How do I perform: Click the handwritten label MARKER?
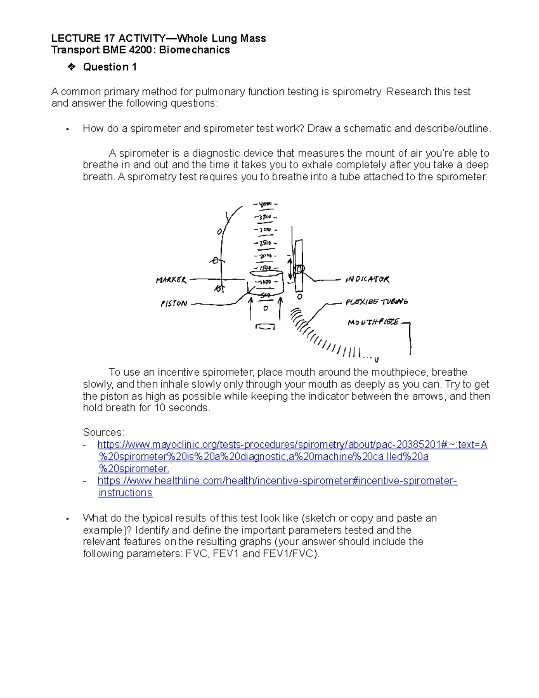(x=171, y=280)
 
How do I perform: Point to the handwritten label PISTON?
(x=174, y=304)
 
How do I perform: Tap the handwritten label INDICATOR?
(x=367, y=280)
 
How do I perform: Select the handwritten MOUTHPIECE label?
(x=373, y=322)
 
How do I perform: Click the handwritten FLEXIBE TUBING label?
(x=376, y=302)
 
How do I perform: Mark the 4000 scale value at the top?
(x=265, y=204)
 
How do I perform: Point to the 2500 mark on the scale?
(x=265, y=243)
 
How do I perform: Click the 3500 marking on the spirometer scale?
(x=265, y=217)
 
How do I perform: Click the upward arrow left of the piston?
(x=250, y=308)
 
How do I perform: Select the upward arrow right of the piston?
(x=281, y=308)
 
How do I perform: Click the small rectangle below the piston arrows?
(x=265, y=327)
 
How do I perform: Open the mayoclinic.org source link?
(x=292, y=445)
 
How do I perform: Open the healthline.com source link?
(x=277, y=481)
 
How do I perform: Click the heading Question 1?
(x=110, y=67)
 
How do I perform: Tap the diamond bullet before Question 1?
(x=71, y=67)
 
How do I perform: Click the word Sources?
(x=103, y=432)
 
